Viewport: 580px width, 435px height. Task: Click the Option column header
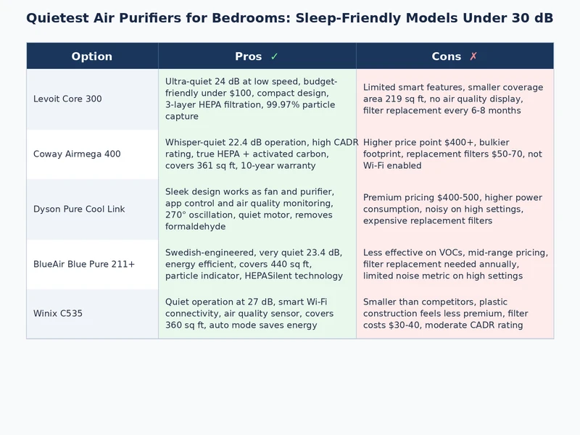coord(92,57)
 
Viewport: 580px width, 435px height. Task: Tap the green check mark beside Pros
coord(274,57)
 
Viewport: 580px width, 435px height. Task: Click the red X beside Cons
coord(473,57)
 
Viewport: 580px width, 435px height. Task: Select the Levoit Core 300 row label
coord(67,99)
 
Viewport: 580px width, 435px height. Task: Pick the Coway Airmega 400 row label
coord(77,154)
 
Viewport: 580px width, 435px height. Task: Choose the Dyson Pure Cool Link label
coord(79,210)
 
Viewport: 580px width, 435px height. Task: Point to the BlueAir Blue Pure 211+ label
coord(84,265)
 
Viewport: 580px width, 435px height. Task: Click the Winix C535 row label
coord(59,314)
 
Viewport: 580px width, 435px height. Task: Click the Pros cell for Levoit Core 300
coord(257,99)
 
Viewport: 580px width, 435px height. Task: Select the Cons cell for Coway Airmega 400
coord(455,154)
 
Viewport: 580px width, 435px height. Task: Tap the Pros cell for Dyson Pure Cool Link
coord(257,210)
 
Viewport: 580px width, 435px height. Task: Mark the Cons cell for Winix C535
coord(455,314)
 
